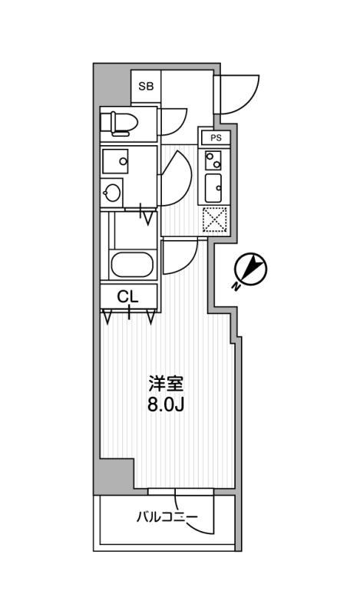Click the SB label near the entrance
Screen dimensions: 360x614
[146, 87]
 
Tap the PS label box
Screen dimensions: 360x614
[216, 137]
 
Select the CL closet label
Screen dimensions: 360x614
[128, 297]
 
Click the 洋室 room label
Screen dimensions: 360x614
[166, 385]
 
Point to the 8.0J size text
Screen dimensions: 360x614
[166, 405]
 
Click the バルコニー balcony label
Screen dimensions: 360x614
[167, 517]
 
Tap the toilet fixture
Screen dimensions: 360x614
[119, 124]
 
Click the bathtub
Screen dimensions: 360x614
[131, 264]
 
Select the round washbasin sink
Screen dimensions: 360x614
[112, 193]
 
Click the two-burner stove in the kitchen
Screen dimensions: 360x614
[213, 160]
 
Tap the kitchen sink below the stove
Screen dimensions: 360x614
[213, 187]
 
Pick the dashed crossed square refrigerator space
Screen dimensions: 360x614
[215, 220]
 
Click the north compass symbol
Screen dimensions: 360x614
[251, 269]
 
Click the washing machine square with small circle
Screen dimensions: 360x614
[115, 161]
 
